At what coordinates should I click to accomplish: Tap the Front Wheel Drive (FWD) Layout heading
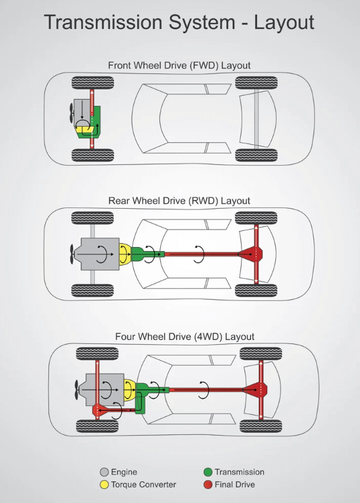pyautogui.click(x=179, y=65)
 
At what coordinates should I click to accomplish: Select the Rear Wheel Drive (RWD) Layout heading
pyautogui.click(x=179, y=201)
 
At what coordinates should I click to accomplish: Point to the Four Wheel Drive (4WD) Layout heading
pyautogui.click(x=184, y=337)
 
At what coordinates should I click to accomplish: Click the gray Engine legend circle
pyautogui.click(x=104, y=472)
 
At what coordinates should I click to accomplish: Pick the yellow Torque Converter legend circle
pyautogui.click(x=104, y=485)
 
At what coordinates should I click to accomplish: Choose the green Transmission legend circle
pyautogui.click(x=208, y=472)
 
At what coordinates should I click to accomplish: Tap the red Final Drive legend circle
pyautogui.click(x=208, y=485)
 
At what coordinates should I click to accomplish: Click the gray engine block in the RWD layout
pyautogui.click(x=100, y=254)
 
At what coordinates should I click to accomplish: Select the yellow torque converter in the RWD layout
pyautogui.click(x=125, y=254)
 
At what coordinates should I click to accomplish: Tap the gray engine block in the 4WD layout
pyautogui.click(x=105, y=390)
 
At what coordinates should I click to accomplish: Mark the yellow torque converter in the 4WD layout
pyautogui.click(x=129, y=390)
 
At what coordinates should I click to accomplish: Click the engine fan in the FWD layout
pyautogui.click(x=71, y=112)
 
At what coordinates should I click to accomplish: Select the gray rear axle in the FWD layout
pyautogui.click(x=256, y=119)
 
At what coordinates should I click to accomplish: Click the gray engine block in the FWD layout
pyautogui.click(x=82, y=112)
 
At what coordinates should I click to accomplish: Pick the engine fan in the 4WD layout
pyautogui.click(x=76, y=390)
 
